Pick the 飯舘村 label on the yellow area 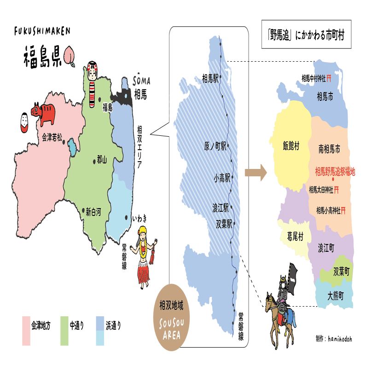pyautogui.click(x=291, y=146)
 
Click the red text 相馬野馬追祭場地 pyautogui.click(x=335, y=172)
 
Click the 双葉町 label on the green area pyautogui.click(x=341, y=271)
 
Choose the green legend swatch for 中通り pyautogui.click(x=64, y=330)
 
